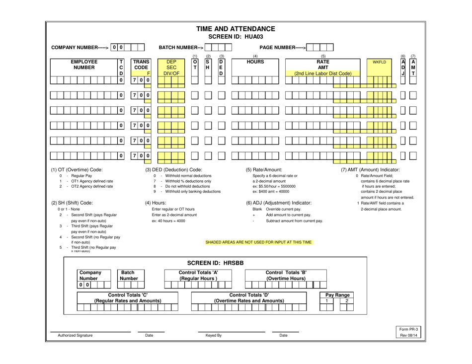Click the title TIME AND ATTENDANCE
click(x=236, y=29)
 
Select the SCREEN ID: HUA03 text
click(x=236, y=37)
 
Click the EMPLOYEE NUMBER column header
click(x=84, y=66)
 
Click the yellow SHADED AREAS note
click(x=258, y=242)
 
